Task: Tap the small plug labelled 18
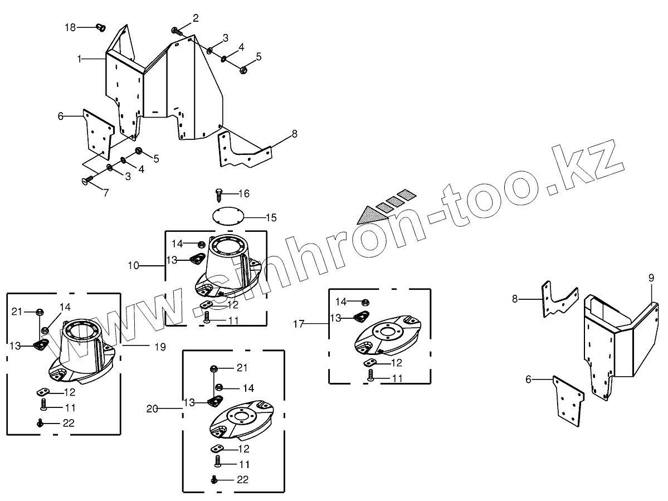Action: coord(101,27)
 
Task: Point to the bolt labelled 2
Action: coord(176,30)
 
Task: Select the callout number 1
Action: coord(80,58)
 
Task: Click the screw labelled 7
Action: coord(87,179)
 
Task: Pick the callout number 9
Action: coord(651,277)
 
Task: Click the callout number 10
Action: coord(133,266)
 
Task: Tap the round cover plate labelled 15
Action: coord(227,216)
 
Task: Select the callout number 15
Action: coord(271,217)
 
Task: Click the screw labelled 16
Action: coord(219,194)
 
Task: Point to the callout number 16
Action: coord(243,193)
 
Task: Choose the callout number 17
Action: coord(299,323)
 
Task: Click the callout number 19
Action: coord(160,346)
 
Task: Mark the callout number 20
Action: coord(153,408)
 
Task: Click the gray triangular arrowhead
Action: coord(368,215)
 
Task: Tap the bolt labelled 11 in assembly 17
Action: coord(371,377)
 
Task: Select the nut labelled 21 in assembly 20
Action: coord(214,368)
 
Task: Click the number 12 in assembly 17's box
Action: coord(396,363)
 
